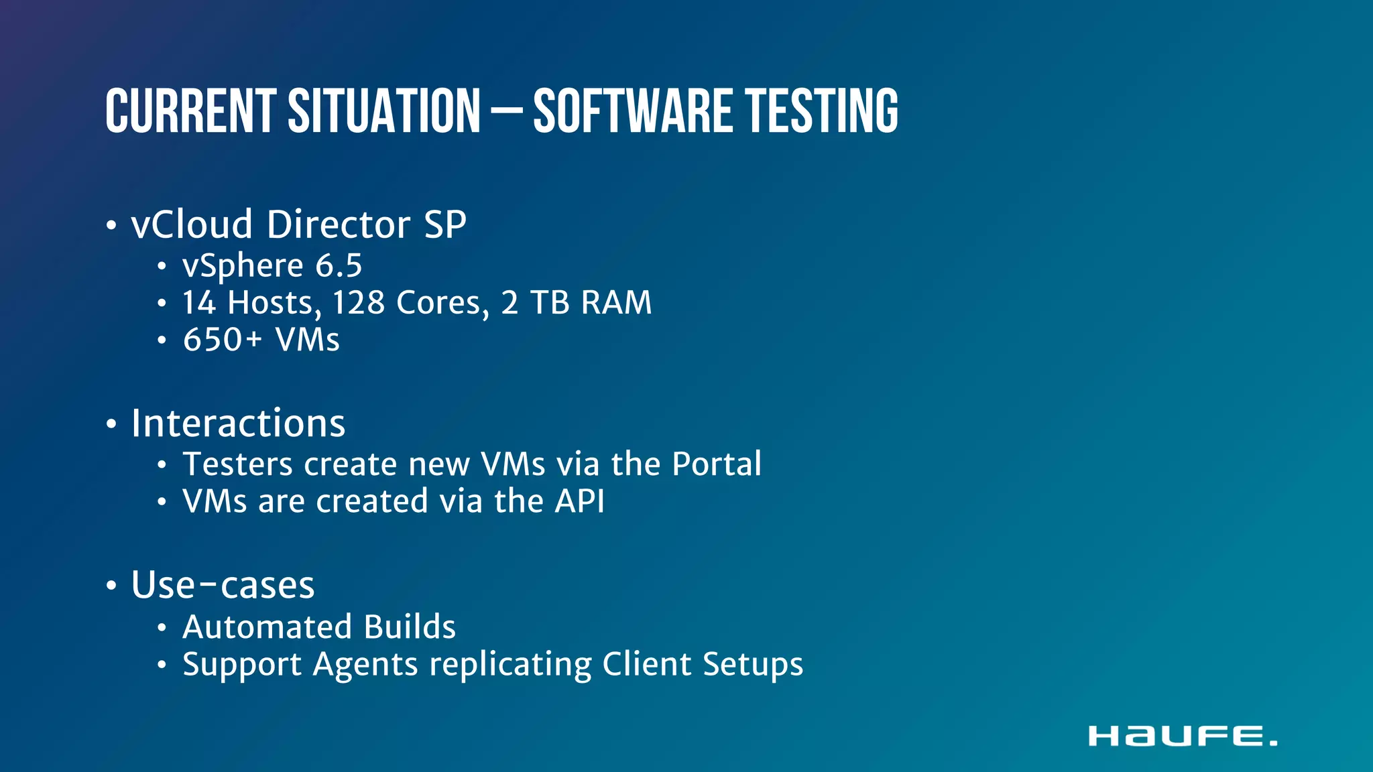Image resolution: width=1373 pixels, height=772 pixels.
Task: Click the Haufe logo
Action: [x=1183, y=736]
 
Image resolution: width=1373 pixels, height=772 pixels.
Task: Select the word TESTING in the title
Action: [x=822, y=111]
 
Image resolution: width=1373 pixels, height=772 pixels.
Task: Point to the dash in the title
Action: [x=506, y=113]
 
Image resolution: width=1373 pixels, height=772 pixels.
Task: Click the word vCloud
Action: [x=192, y=224]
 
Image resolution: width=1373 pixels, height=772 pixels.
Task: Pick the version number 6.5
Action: [x=339, y=266]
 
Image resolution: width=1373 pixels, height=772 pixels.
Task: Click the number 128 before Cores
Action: [x=359, y=303]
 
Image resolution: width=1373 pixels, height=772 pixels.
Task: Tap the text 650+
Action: [x=222, y=340]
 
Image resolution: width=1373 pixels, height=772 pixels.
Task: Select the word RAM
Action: [x=616, y=303]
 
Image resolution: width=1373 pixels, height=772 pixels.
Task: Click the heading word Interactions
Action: [x=238, y=424]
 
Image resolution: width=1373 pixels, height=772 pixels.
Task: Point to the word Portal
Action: [x=717, y=464]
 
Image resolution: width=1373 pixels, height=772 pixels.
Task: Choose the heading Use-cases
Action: [x=223, y=585]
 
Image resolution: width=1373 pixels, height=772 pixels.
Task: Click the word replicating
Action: [x=510, y=665]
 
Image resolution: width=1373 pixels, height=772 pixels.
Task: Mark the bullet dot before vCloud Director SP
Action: [x=111, y=226]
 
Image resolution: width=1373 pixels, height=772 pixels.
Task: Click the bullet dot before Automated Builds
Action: [x=162, y=629]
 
